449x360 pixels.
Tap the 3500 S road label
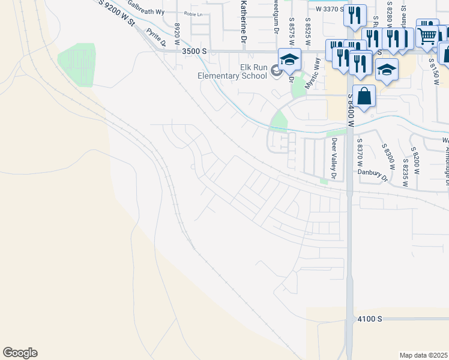(194, 52)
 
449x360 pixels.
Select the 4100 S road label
(369, 319)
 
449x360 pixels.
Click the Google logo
(20, 353)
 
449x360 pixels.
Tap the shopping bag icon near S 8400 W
(364, 95)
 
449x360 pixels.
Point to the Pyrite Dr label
(158, 38)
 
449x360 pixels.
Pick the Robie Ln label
(193, 14)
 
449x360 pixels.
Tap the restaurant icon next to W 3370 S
(355, 14)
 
